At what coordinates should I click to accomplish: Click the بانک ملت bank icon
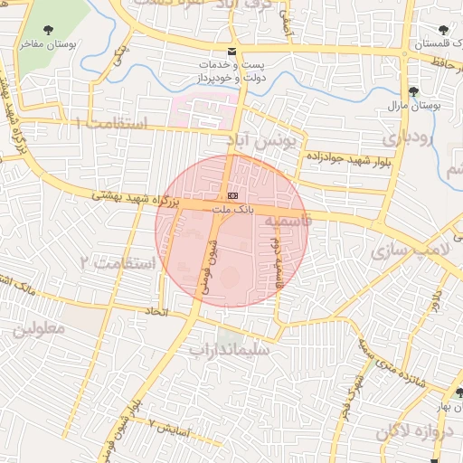[x=233, y=196]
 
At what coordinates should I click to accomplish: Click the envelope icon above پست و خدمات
[x=233, y=52]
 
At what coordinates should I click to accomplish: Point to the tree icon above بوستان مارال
[x=414, y=91]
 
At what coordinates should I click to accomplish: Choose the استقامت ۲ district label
[x=118, y=263]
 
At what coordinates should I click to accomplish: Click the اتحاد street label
[x=157, y=311]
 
